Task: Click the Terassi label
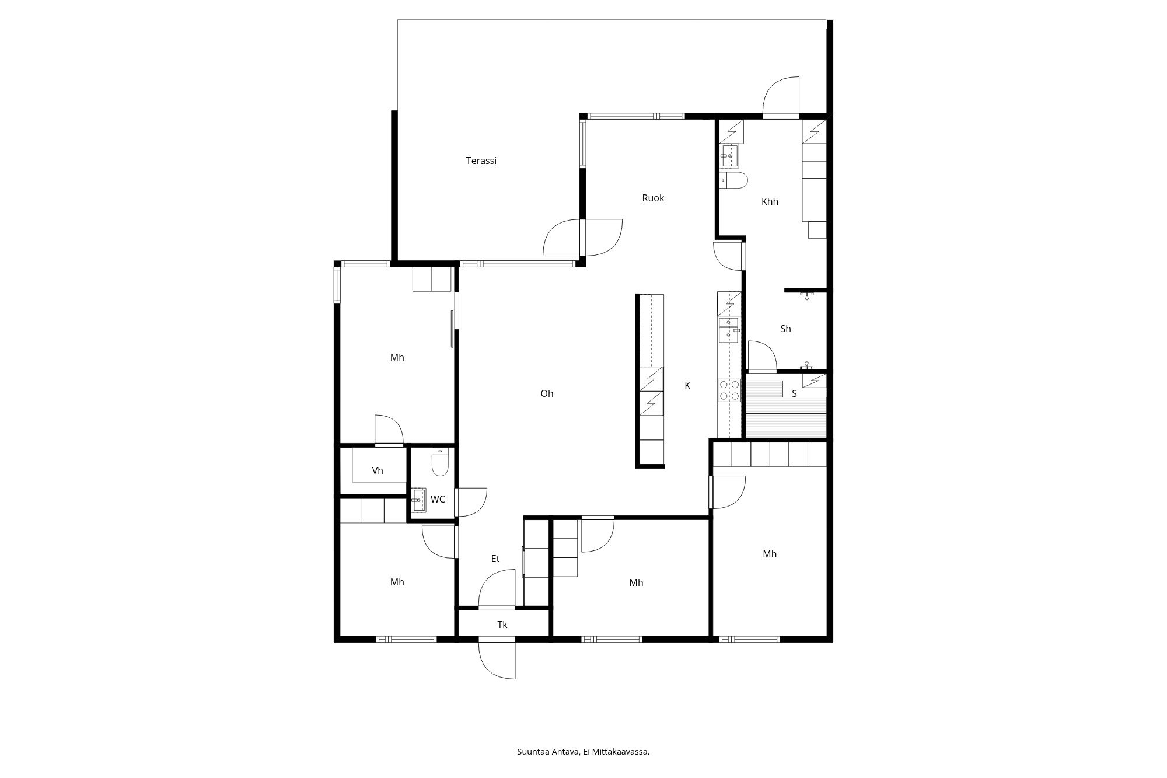click(x=481, y=161)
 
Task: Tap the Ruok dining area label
click(x=653, y=198)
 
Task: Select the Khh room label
click(x=770, y=201)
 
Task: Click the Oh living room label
click(x=547, y=393)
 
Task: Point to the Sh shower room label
click(x=785, y=329)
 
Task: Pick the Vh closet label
click(x=378, y=470)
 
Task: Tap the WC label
click(x=438, y=499)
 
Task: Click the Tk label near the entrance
click(x=502, y=625)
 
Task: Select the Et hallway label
click(x=495, y=559)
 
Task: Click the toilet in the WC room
click(x=439, y=463)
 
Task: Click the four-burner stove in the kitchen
click(x=729, y=390)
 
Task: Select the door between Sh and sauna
click(x=761, y=357)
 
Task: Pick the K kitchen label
click(x=687, y=385)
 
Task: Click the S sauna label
click(x=794, y=393)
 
